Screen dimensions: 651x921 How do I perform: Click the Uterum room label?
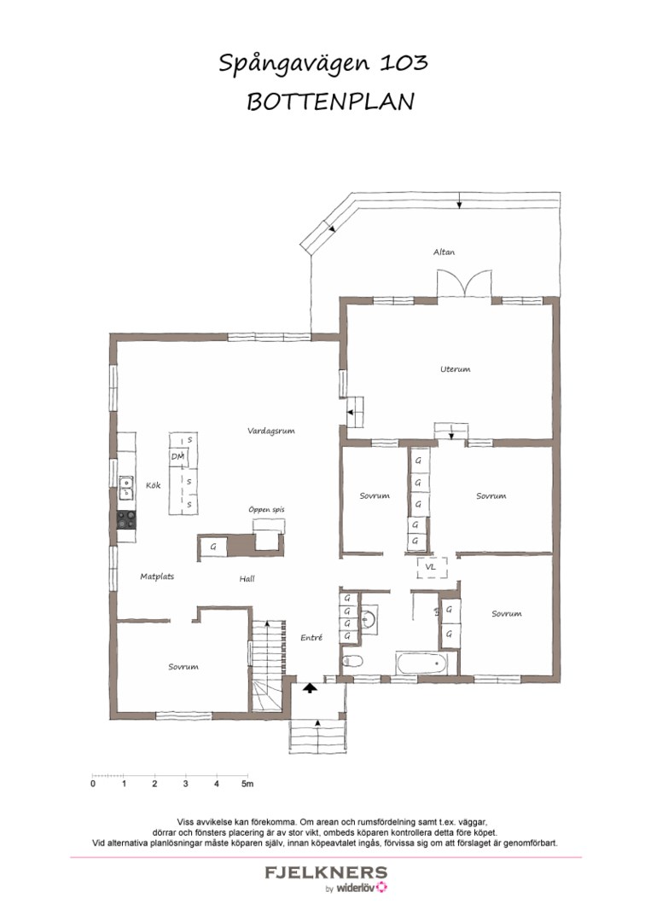[x=456, y=369]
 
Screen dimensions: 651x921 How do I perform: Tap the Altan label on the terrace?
[x=445, y=252]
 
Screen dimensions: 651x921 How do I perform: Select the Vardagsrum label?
[x=270, y=432]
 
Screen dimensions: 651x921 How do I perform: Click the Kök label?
[x=154, y=485]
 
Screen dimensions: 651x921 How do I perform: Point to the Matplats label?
[x=157, y=576]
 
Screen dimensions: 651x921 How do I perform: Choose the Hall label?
[x=247, y=578]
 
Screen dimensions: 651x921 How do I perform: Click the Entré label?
[x=311, y=637]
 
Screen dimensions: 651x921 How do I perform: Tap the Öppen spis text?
[x=266, y=509]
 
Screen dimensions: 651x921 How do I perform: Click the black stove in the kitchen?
[x=125, y=519]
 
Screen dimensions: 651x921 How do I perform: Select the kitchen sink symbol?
[x=126, y=488]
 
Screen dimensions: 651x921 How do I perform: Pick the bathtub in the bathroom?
[x=421, y=663]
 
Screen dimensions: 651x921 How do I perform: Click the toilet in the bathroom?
[x=352, y=661]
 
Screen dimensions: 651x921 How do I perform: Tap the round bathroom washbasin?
[x=368, y=618]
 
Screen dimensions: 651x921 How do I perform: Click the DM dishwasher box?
[x=177, y=456]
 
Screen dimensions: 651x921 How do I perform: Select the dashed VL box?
[x=432, y=567]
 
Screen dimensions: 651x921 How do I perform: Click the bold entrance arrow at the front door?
[x=310, y=687]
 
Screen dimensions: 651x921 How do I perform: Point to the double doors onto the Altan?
[x=464, y=284]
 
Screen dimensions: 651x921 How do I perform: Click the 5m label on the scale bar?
[x=247, y=784]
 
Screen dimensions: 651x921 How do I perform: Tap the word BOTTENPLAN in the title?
[x=330, y=101]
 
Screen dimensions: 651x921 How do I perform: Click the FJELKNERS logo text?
[x=326, y=872]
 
